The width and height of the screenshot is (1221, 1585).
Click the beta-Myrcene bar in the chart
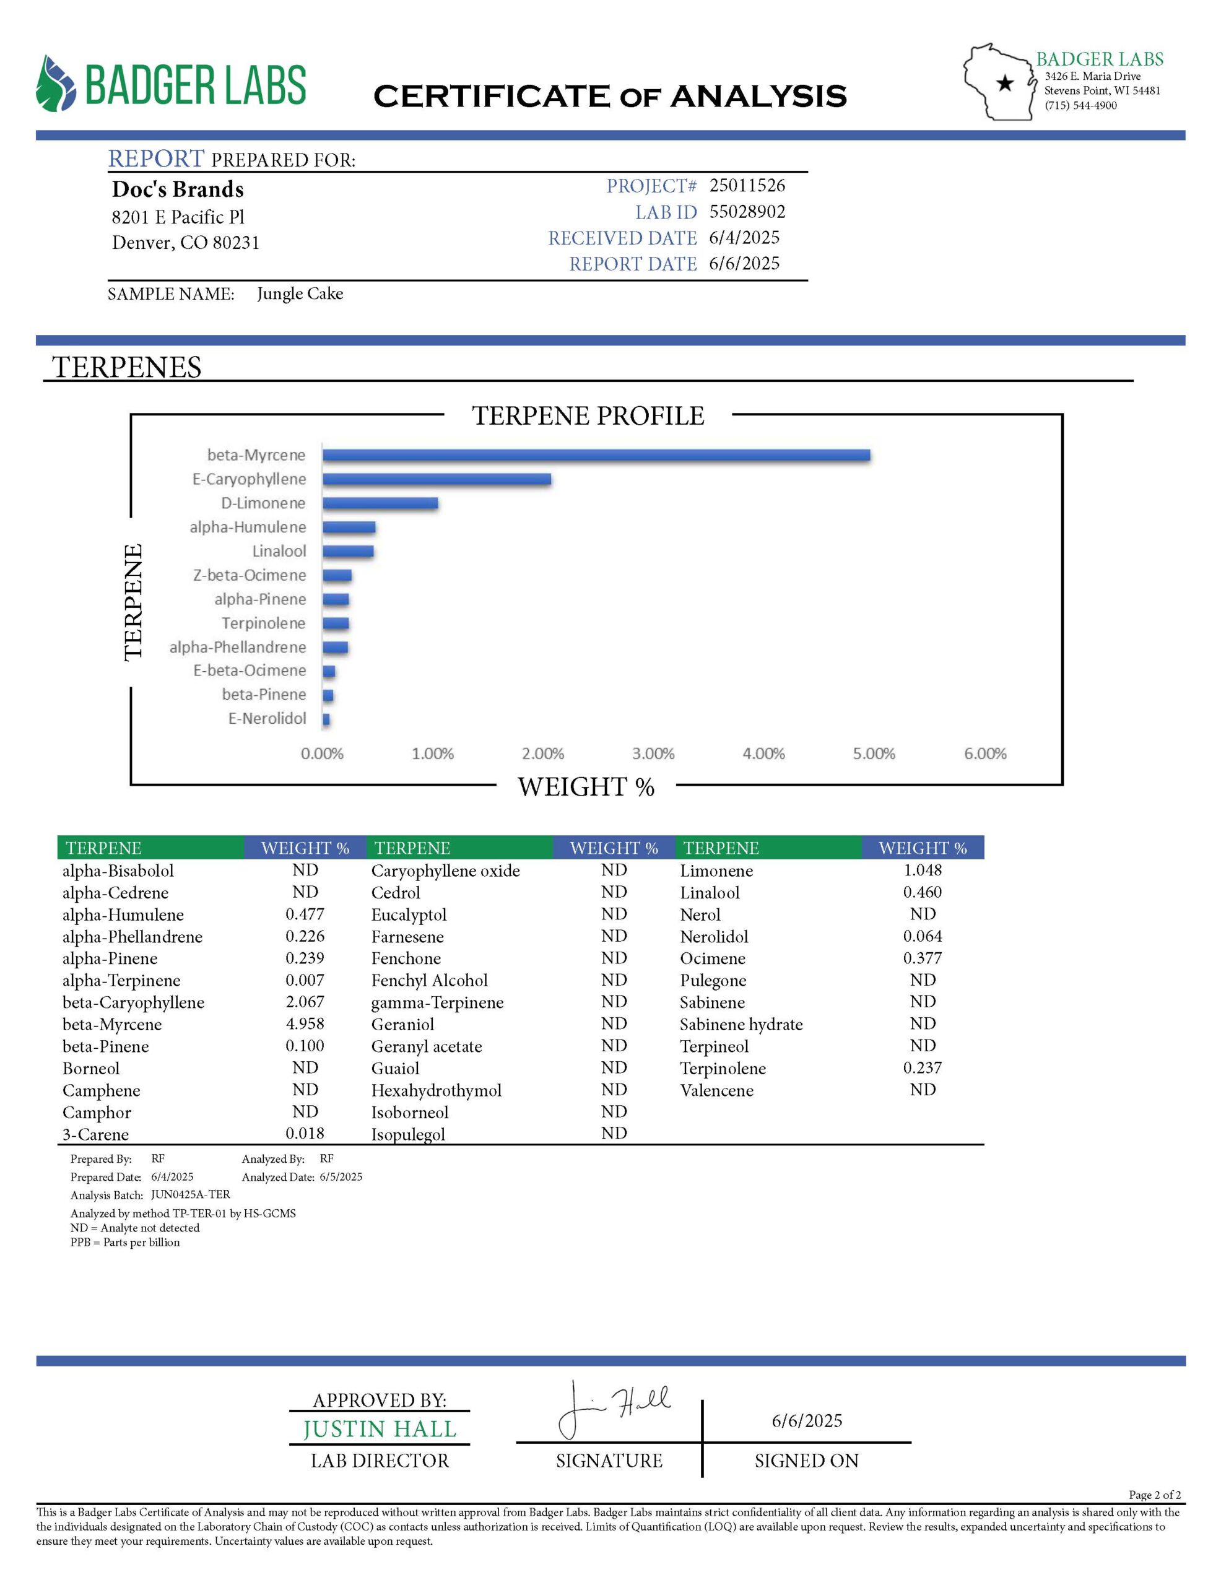(595, 455)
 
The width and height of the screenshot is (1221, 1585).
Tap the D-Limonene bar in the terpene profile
(380, 503)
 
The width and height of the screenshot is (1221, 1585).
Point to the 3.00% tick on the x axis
(653, 753)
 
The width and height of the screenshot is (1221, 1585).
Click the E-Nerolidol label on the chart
(267, 718)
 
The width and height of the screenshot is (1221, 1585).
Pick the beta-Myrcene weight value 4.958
(305, 1023)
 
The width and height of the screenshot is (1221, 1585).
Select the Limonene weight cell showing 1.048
(922, 869)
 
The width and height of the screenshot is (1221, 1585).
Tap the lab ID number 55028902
(747, 211)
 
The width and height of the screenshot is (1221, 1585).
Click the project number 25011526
(747, 185)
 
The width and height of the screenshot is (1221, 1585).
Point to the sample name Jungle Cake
(300, 293)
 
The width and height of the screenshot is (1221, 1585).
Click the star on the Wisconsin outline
(1005, 84)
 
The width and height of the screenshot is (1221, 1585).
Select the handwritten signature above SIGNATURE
(614, 1409)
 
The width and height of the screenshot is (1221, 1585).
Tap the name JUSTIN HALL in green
(380, 1429)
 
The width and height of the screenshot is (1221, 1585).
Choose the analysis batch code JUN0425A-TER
(190, 1194)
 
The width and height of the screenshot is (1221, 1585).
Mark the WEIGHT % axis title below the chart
(586, 787)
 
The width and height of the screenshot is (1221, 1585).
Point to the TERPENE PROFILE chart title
(588, 416)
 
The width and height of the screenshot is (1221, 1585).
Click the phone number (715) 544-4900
(1080, 105)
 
